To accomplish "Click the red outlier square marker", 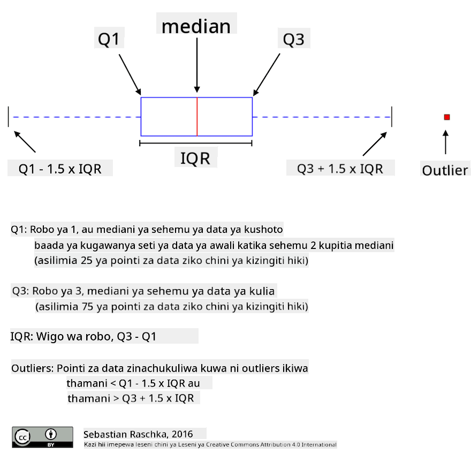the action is (447, 117).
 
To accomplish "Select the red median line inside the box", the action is (197, 117).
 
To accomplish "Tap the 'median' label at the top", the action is (196, 26).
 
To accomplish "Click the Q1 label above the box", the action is (109, 39).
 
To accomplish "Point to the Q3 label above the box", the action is (293, 40).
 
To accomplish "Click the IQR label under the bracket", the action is (195, 158).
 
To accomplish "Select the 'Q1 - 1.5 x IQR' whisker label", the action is (60, 169).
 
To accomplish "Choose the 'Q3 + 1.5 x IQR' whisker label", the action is (340, 169).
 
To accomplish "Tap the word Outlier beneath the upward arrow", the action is (445, 170).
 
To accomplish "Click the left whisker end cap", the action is (9, 117).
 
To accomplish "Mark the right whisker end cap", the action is (392, 117).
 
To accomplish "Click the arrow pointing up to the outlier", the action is (446, 142).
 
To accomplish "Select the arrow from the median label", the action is (197, 65).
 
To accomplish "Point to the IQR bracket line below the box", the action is (196, 143).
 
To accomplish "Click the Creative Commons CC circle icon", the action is (22, 437).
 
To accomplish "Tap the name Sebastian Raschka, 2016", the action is (138, 434).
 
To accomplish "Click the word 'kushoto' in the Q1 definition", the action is (263, 230).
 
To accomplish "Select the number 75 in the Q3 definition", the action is (88, 306).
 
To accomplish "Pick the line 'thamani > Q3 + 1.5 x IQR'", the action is (131, 398).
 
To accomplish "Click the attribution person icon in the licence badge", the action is (51, 434).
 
